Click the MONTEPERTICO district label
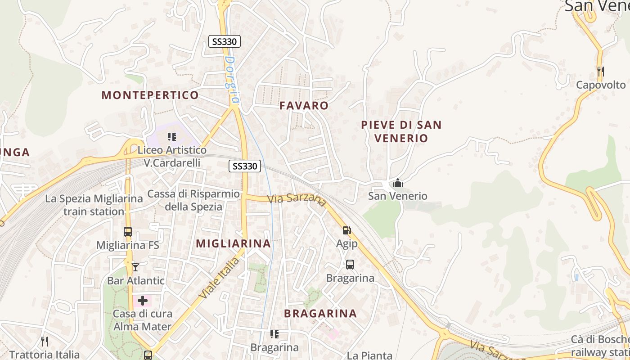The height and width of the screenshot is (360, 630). (150, 95)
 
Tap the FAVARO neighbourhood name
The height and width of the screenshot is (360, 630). (304, 106)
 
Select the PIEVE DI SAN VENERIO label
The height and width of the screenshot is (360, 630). (401, 131)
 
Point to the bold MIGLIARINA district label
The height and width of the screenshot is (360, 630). (234, 243)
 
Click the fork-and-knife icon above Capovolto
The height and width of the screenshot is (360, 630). (600, 71)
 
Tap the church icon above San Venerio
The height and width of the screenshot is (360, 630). (398, 183)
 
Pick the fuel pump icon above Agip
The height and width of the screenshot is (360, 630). (346, 230)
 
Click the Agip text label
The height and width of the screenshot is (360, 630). (347, 244)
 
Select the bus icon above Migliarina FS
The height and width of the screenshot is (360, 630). (128, 232)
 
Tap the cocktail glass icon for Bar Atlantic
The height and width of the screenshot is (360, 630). (135, 267)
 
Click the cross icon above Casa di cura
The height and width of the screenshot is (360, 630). (143, 300)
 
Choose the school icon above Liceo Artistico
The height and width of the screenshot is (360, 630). (171, 136)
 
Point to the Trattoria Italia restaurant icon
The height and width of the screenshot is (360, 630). (44, 341)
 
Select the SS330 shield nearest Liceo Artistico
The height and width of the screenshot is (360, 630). (245, 166)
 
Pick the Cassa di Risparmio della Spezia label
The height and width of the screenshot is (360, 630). (193, 200)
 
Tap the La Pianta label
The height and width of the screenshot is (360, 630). (369, 355)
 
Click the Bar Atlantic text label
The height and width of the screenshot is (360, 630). (136, 281)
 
